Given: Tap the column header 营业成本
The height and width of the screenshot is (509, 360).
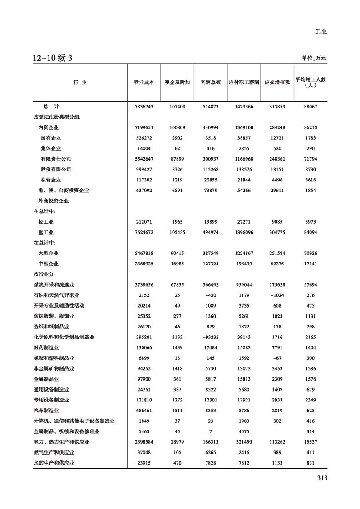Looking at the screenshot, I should point(143,83).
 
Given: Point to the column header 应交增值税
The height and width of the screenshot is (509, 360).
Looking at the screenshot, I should point(277,83).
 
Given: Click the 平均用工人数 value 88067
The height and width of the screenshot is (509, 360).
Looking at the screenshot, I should point(311,106).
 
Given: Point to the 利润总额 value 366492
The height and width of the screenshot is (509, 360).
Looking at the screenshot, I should point(210,284).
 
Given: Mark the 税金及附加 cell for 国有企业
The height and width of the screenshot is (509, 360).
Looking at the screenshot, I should point(177,138).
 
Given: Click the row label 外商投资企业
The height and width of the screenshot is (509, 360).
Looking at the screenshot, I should point(54,201).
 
